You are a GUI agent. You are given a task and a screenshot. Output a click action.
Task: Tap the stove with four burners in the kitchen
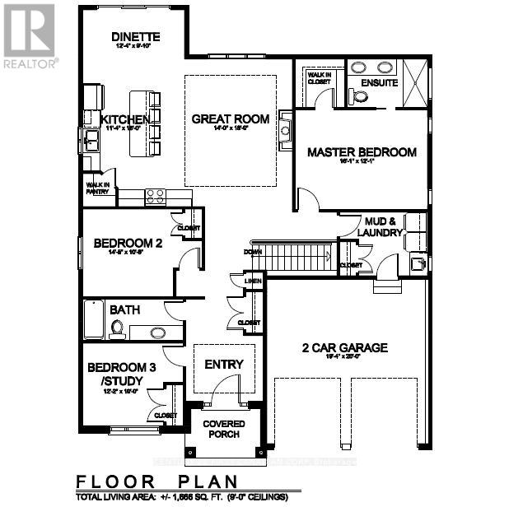[155, 197]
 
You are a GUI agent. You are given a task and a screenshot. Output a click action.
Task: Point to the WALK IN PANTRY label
[96, 187]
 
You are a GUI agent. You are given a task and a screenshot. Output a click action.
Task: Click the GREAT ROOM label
[230, 119]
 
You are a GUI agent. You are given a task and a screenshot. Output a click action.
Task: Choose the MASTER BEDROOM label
[362, 152]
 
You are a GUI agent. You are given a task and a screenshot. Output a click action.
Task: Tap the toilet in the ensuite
[359, 96]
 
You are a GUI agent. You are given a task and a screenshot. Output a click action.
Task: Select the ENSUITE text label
[380, 83]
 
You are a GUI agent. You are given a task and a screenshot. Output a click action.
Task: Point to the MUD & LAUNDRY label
[380, 226]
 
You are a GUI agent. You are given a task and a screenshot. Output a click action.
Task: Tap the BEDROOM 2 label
[127, 243]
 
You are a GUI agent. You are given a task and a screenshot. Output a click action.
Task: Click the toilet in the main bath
[117, 330]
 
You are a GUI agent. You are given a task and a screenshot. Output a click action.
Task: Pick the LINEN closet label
[254, 282]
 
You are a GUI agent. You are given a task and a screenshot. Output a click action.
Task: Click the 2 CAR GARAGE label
[344, 348]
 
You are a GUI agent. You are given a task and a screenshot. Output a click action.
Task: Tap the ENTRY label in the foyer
[224, 365]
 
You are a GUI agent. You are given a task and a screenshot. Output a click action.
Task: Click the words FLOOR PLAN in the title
[156, 481]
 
